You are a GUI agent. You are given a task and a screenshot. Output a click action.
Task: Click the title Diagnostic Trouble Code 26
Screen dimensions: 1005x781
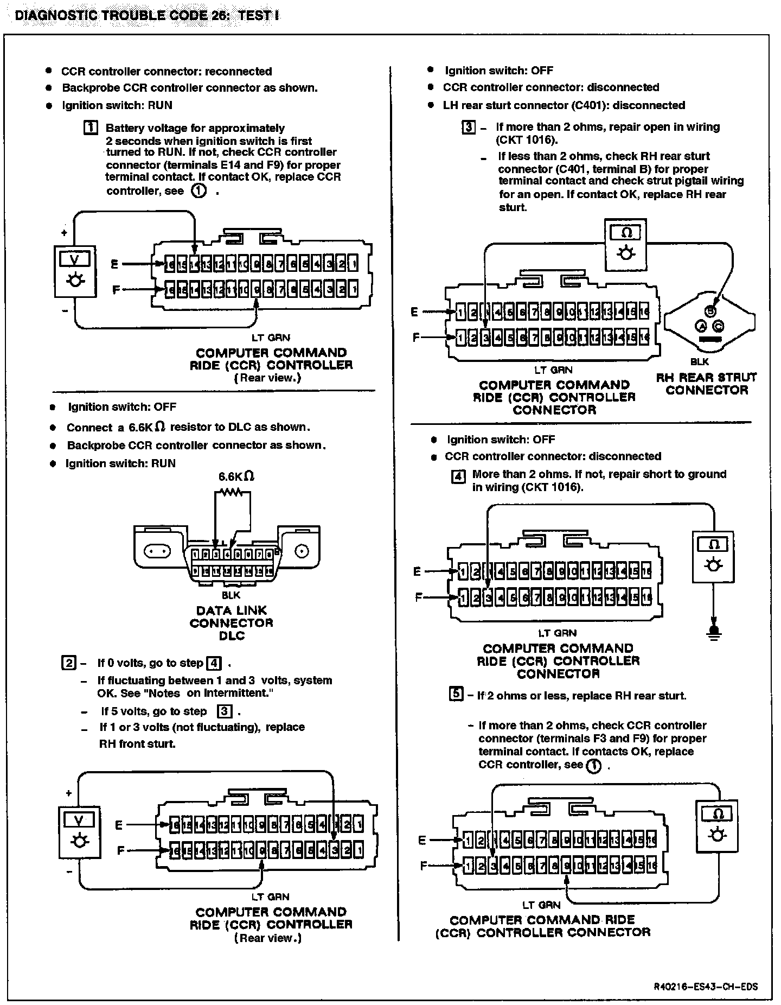(147, 15)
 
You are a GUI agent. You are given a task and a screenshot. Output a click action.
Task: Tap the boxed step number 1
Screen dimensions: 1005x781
(91, 128)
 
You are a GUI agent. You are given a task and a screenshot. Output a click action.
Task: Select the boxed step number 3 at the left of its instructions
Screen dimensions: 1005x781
(468, 128)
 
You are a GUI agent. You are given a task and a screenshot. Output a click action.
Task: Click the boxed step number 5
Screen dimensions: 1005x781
(456, 694)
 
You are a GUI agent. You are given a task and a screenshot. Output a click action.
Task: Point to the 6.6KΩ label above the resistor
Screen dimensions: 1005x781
(236, 476)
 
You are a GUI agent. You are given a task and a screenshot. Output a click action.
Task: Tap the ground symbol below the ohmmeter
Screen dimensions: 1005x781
(714, 632)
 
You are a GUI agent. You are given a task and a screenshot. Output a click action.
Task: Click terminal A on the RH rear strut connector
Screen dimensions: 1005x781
(700, 326)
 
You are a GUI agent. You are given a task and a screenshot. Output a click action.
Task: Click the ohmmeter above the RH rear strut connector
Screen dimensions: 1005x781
(626, 244)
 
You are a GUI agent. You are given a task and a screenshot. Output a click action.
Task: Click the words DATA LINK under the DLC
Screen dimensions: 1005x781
(232, 610)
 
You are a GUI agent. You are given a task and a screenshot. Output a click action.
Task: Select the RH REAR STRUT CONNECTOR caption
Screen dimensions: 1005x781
(706, 384)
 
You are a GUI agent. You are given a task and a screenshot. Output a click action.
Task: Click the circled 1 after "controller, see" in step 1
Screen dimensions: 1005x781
(199, 191)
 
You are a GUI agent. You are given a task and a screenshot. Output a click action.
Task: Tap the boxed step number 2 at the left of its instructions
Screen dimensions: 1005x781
(68, 663)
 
